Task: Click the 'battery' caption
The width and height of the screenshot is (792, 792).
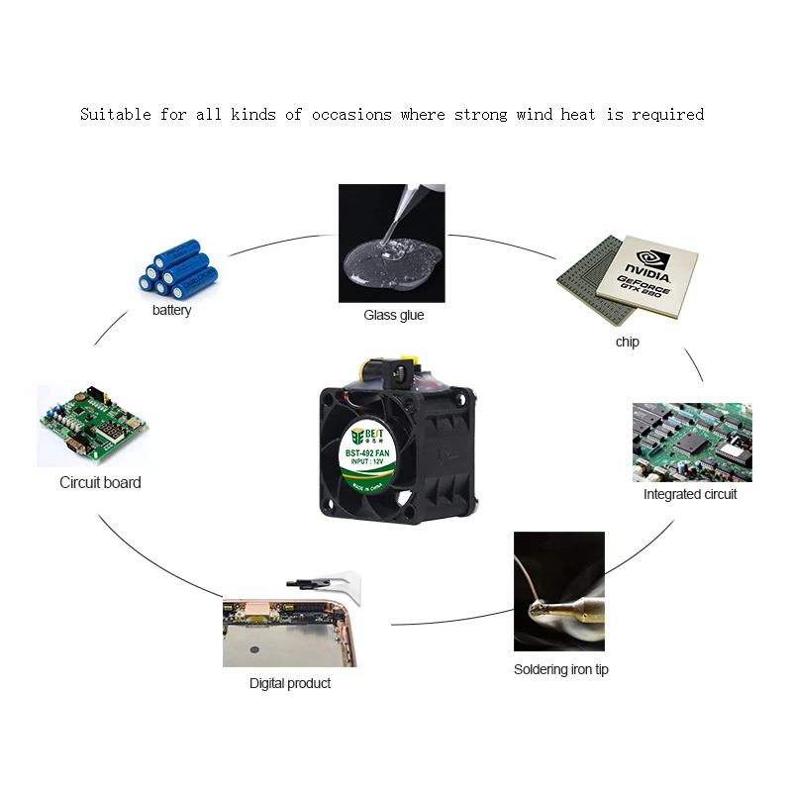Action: [x=171, y=311]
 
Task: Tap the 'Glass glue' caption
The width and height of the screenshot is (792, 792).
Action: [x=393, y=315]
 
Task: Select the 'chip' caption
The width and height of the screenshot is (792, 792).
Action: [x=627, y=342]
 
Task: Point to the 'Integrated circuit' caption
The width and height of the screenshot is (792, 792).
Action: [x=690, y=494]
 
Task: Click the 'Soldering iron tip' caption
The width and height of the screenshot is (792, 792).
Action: [x=560, y=669]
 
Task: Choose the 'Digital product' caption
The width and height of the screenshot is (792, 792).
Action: [x=289, y=683]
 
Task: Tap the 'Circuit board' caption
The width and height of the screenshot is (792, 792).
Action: [x=100, y=483]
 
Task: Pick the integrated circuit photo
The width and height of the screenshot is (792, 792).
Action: [x=691, y=442]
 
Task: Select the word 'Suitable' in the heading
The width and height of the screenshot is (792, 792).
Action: [x=115, y=115]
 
